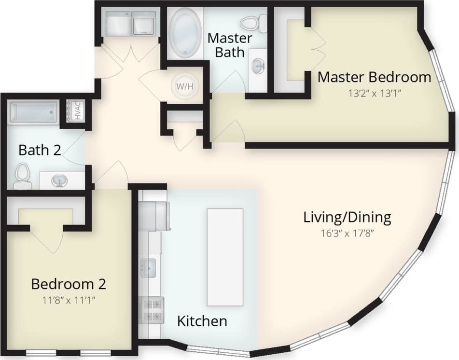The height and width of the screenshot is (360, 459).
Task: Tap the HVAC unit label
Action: coord(77,111)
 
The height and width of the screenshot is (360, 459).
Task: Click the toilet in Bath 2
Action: coord(22,176)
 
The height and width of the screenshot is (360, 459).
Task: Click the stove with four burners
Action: coord(151,310)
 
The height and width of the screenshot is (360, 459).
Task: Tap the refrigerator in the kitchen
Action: coord(156,215)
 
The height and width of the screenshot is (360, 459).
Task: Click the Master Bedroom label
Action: coord(374,77)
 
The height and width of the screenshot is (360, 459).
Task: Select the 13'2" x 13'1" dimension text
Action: coord(375,93)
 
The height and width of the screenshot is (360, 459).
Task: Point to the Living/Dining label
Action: coord(347,217)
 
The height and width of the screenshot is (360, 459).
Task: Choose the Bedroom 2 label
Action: coord(68,284)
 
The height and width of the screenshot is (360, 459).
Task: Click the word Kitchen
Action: coord(202,320)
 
